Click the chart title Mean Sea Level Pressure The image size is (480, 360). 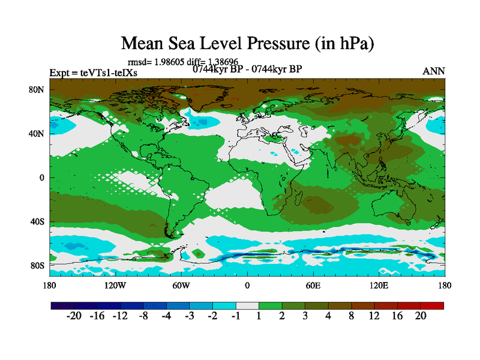coord(248,43)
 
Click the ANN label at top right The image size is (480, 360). coord(434,71)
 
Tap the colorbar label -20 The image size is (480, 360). coord(74,317)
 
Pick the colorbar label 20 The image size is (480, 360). coord(420,317)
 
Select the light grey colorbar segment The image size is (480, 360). coord(247,305)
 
